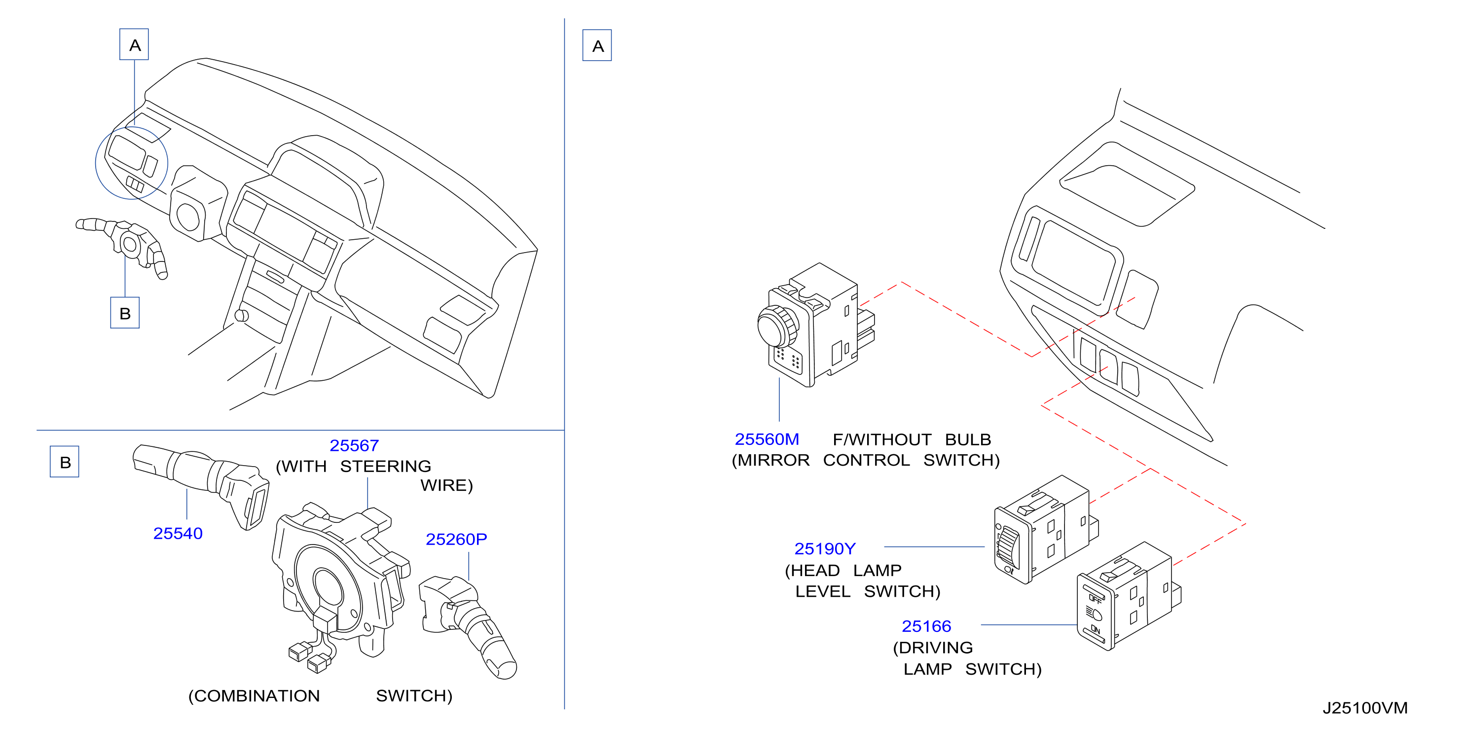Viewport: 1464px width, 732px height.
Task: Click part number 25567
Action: click(x=354, y=445)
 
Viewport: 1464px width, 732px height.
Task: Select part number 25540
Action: click(x=178, y=533)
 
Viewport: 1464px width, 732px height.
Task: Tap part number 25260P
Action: click(x=456, y=539)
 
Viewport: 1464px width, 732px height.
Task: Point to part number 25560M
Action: click(x=767, y=439)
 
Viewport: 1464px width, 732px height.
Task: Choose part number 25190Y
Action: click(x=825, y=549)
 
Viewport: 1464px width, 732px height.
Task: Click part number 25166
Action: click(x=926, y=626)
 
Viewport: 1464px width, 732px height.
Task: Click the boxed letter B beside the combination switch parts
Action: click(x=65, y=462)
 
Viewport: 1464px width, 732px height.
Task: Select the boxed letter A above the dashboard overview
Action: click(x=134, y=44)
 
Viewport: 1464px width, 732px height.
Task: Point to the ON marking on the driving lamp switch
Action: click(x=1095, y=630)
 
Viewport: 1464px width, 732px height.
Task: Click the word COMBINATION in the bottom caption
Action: click(x=254, y=695)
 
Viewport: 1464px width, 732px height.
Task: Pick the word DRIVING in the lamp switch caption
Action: click(x=933, y=647)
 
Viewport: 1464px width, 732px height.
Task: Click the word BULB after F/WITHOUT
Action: click(x=968, y=439)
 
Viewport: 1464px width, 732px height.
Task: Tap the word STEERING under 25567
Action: click(x=385, y=466)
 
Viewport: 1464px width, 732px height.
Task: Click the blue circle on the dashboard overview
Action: click(x=131, y=163)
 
